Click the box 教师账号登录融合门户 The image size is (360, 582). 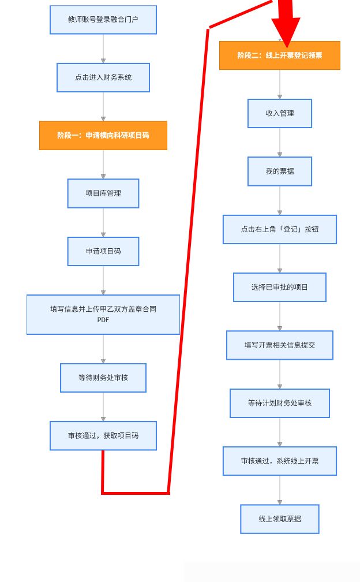(x=103, y=20)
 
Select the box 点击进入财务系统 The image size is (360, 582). (x=103, y=77)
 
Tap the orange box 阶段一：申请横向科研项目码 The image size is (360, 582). (x=103, y=136)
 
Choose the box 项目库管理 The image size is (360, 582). (x=103, y=193)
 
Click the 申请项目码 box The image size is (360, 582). (x=103, y=251)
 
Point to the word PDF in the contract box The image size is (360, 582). (x=103, y=320)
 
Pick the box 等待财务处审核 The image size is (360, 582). (x=103, y=378)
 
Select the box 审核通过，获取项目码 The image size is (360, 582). (x=103, y=436)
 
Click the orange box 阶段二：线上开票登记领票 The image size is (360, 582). (x=280, y=55)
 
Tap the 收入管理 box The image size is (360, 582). (x=280, y=114)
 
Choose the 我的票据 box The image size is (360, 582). (x=280, y=171)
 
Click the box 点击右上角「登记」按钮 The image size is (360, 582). (x=280, y=229)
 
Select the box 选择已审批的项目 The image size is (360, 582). (x=280, y=288)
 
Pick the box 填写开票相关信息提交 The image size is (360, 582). (x=280, y=345)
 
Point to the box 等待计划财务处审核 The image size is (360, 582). (x=280, y=403)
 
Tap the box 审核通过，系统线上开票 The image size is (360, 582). (x=280, y=461)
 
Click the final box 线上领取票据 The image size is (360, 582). (x=280, y=519)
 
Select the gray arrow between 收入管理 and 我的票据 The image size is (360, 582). (x=280, y=143)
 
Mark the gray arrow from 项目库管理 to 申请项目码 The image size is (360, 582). (x=103, y=222)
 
